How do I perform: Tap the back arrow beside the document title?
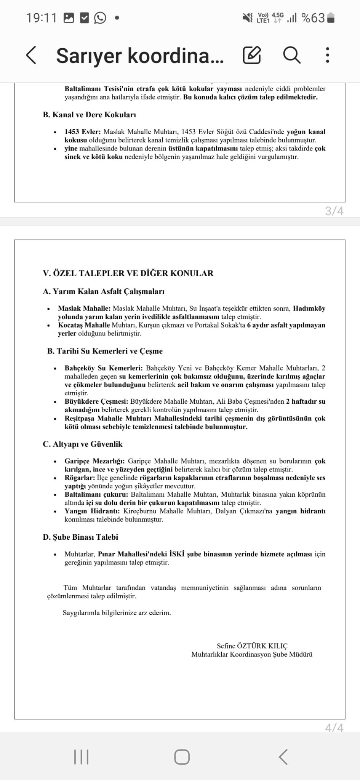(x=31, y=55)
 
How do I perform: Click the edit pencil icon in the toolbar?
(x=252, y=55)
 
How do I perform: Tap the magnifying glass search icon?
(x=291, y=55)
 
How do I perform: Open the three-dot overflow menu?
(x=327, y=55)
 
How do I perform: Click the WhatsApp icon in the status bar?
(x=100, y=18)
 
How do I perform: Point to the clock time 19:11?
(x=41, y=18)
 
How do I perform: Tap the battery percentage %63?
(x=313, y=18)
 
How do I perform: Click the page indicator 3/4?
(x=334, y=211)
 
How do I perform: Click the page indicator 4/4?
(x=334, y=728)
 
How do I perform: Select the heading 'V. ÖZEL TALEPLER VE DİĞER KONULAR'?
(x=128, y=273)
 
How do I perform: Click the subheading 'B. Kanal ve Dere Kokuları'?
(x=90, y=115)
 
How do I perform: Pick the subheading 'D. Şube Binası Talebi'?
(x=80, y=537)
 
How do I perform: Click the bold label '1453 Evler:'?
(x=83, y=132)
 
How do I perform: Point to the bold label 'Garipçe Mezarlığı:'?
(x=95, y=461)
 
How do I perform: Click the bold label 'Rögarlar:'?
(x=80, y=478)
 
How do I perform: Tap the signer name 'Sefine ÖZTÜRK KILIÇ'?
(x=252, y=646)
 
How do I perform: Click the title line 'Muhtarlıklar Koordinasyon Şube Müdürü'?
(x=252, y=654)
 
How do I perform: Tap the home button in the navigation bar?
(x=182, y=757)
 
